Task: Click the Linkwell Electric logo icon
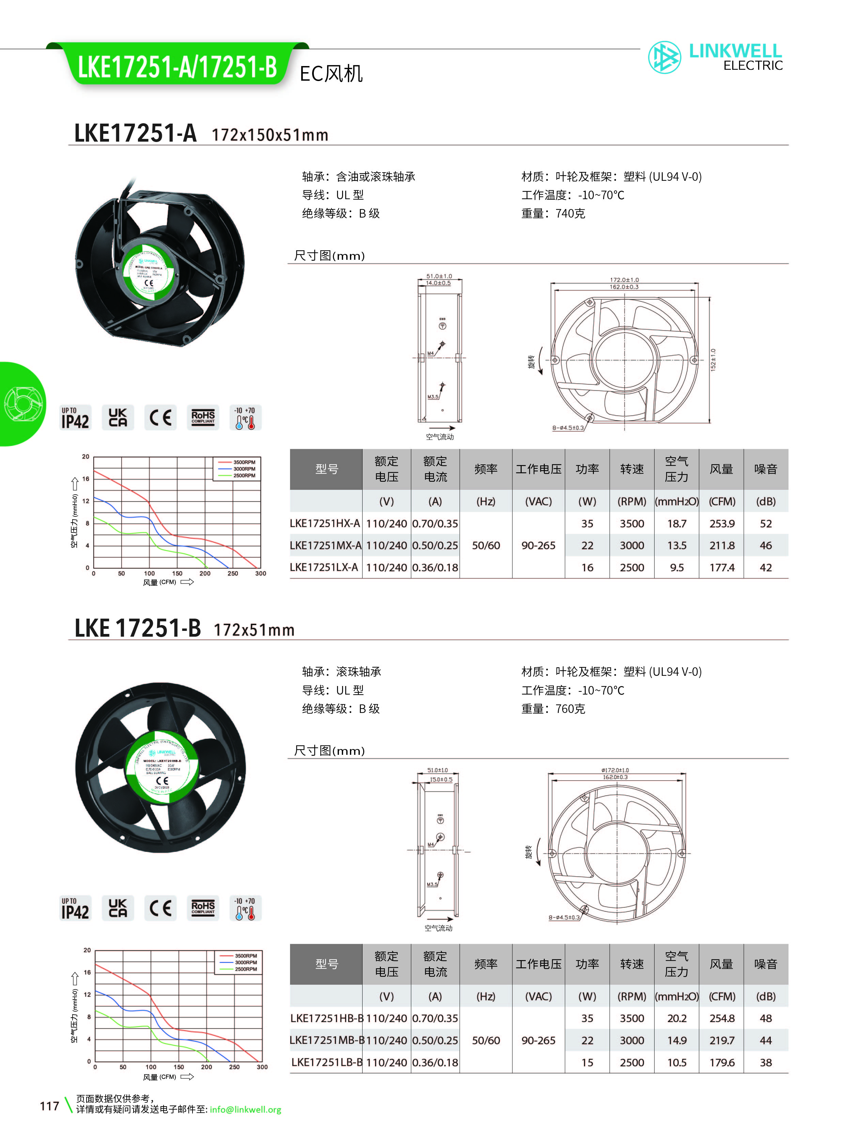click(x=664, y=57)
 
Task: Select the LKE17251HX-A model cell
click(x=325, y=523)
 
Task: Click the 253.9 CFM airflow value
click(x=722, y=523)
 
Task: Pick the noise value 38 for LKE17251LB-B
click(x=765, y=1062)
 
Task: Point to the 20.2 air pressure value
click(x=676, y=1018)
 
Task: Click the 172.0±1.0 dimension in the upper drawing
click(x=624, y=280)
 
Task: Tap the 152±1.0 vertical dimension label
click(x=713, y=360)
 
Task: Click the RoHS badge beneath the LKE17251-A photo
click(x=203, y=418)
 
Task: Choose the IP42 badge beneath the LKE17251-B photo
click(x=75, y=908)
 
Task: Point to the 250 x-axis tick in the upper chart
click(x=233, y=574)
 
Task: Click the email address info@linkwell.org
click(x=246, y=1110)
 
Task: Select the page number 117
click(x=50, y=1106)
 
